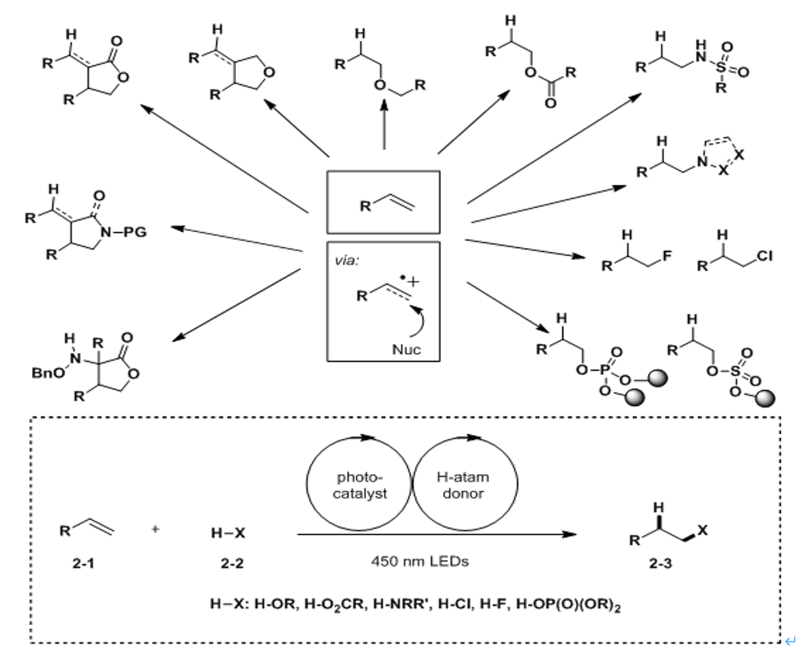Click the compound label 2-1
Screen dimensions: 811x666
84,562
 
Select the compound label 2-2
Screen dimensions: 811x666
232,562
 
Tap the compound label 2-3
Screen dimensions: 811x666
661,562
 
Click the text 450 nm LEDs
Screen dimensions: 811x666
420,561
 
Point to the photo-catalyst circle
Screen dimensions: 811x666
308,483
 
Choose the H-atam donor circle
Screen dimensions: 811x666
517,483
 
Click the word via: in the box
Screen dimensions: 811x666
346,261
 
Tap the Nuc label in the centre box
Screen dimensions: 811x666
406,349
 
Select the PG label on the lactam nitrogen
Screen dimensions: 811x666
135,232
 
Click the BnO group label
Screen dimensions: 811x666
48,372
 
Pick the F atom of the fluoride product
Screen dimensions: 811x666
666,255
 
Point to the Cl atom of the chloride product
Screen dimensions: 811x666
764,256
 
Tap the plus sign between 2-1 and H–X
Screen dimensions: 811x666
155,529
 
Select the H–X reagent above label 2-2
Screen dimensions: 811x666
228,533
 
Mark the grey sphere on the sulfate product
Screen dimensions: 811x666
765,398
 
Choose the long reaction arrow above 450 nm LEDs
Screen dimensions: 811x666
437,534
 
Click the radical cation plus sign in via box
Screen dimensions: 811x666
414,282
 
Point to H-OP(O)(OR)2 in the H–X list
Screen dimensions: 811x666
568,604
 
